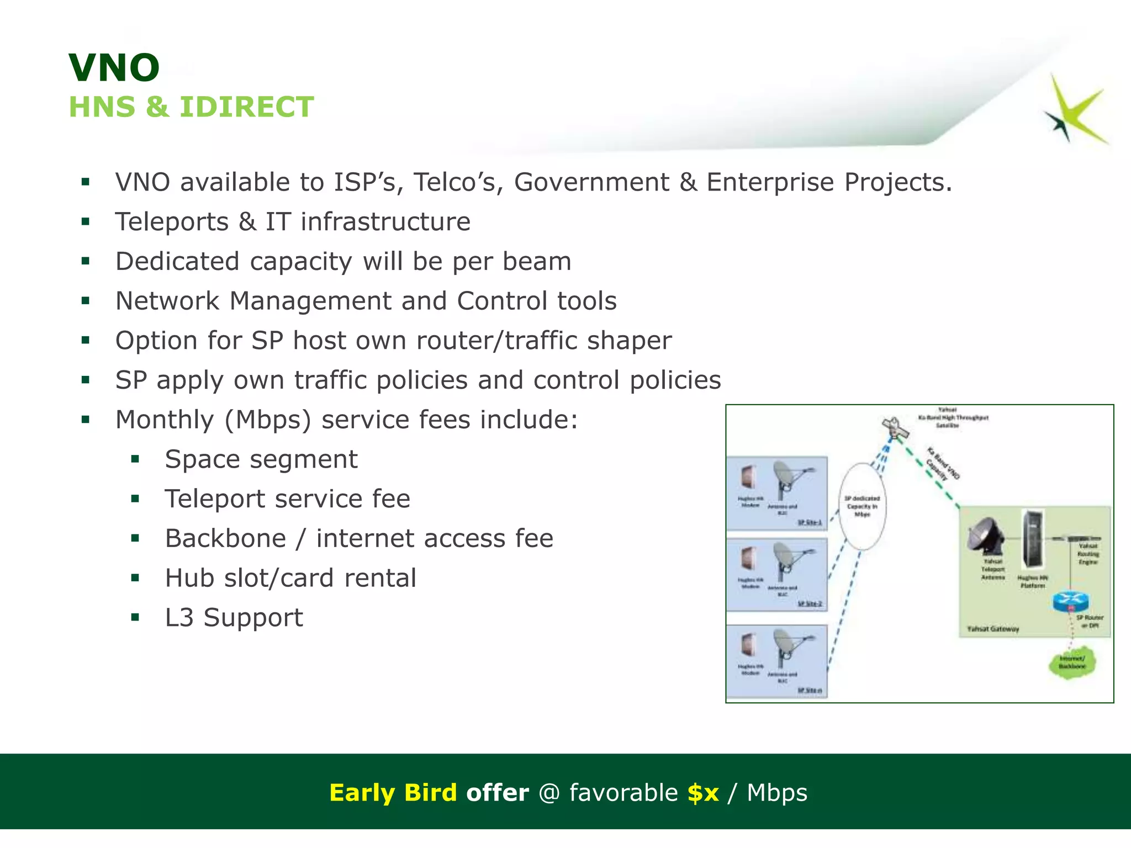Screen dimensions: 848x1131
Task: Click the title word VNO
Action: (x=114, y=68)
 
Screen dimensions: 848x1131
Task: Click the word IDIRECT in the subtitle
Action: (x=247, y=107)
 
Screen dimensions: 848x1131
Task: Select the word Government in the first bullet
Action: (x=591, y=182)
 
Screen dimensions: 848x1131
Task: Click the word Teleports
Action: (x=172, y=222)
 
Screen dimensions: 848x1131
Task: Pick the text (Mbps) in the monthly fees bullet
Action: (x=268, y=420)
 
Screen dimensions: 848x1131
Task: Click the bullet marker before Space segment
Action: (x=135, y=459)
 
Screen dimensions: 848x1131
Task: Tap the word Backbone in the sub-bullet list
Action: (x=225, y=539)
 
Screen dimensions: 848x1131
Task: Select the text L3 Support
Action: (x=234, y=618)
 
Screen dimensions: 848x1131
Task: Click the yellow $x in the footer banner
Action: (x=703, y=793)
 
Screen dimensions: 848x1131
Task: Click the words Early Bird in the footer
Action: (x=393, y=793)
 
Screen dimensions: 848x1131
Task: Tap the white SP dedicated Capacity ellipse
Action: (x=862, y=506)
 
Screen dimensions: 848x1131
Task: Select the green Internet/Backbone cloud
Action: (x=1071, y=663)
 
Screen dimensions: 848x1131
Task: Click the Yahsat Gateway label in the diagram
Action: (x=993, y=629)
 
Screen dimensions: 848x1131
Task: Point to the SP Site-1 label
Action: (x=810, y=522)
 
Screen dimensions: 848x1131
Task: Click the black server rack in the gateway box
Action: (x=1031, y=540)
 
